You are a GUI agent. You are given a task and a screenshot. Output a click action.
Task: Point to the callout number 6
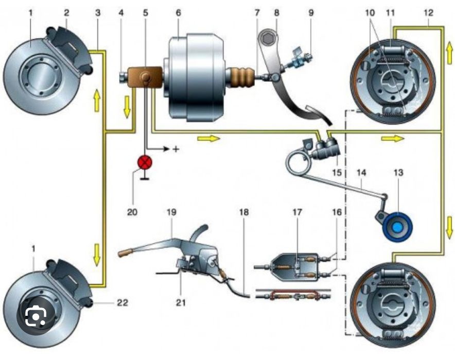(x=178, y=11)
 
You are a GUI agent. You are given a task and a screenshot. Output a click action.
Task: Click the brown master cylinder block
(x=145, y=78)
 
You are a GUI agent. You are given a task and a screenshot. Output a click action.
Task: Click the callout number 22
(x=121, y=303)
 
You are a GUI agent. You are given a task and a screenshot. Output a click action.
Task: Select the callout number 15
(x=337, y=171)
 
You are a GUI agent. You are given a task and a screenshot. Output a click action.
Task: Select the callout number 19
(x=170, y=211)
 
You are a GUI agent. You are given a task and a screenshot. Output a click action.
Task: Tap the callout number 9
(x=310, y=11)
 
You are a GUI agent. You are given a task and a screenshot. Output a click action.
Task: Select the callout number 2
(x=66, y=11)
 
